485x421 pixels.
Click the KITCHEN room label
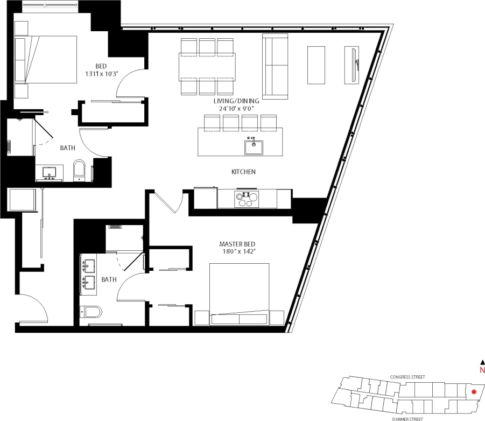(x=243, y=172)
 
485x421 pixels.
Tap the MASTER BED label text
(x=237, y=244)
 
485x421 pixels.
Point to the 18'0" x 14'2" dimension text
(x=237, y=251)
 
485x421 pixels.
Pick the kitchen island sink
(x=254, y=146)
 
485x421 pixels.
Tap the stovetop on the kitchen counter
(x=246, y=199)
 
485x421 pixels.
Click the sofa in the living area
(x=276, y=66)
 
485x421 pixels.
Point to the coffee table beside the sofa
(x=316, y=65)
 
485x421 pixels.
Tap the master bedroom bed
(x=240, y=293)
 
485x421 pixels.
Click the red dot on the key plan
(x=474, y=391)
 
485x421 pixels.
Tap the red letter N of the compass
(x=482, y=370)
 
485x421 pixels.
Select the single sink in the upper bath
(x=50, y=172)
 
